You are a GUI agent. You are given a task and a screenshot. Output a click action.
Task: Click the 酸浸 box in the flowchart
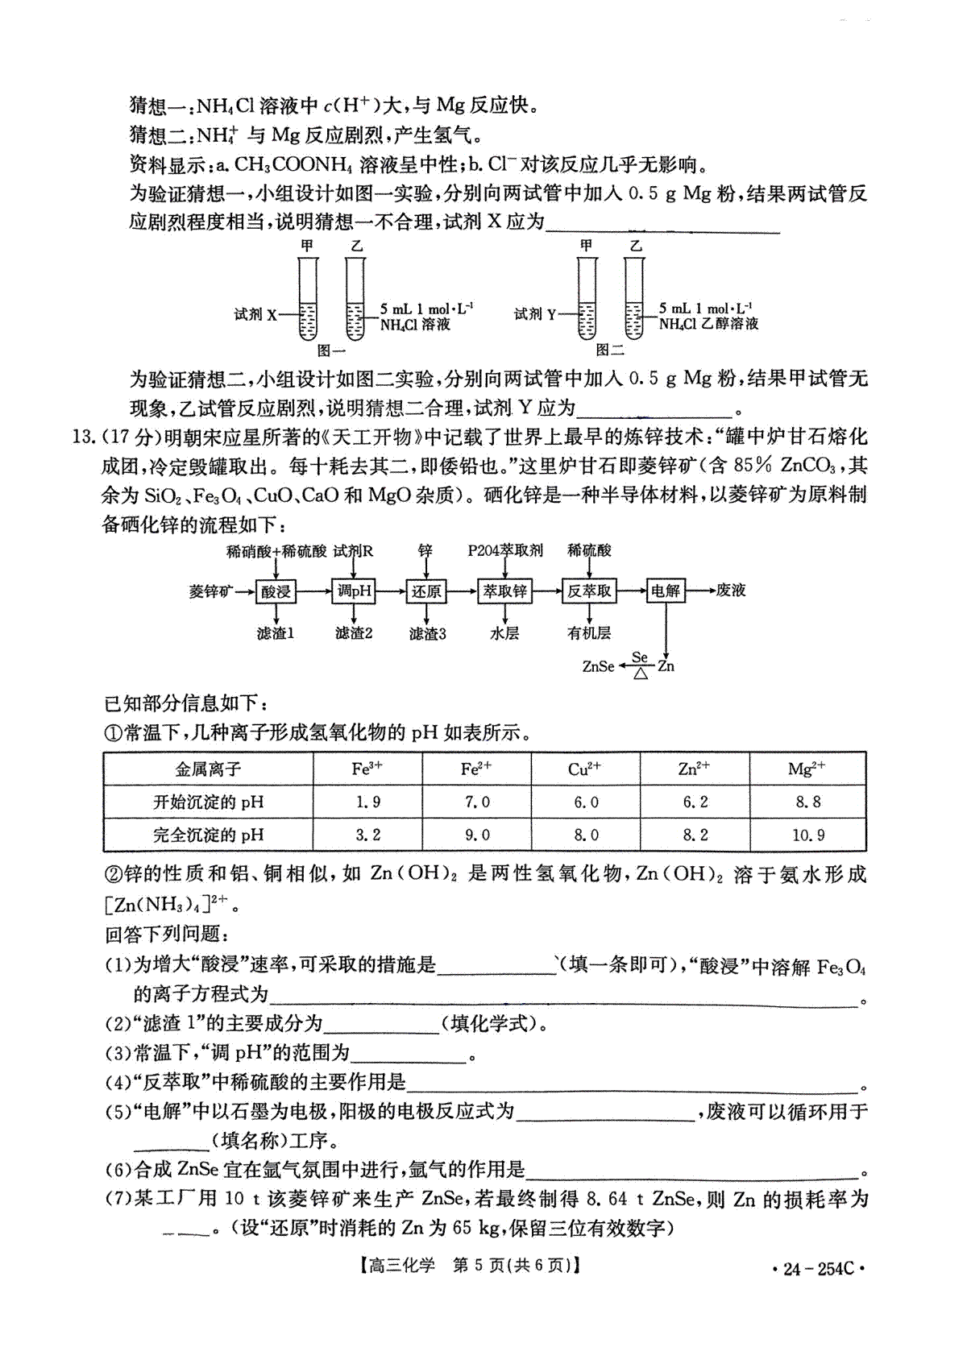click(x=276, y=591)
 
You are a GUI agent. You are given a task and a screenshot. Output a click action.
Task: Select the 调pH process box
click(x=355, y=591)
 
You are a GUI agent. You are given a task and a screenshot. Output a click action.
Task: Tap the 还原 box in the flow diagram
click(x=426, y=591)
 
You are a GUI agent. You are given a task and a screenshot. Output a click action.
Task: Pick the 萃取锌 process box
click(x=504, y=591)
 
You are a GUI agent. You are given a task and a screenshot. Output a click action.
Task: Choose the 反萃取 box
click(x=589, y=591)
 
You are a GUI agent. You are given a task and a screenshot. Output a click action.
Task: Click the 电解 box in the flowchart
click(x=666, y=591)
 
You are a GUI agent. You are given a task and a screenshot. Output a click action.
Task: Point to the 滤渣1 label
click(x=276, y=634)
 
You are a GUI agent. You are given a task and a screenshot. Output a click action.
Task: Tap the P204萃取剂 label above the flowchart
click(x=505, y=550)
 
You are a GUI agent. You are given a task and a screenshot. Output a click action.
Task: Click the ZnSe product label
click(x=598, y=666)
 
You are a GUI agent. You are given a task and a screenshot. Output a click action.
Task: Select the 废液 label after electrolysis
click(x=731, y=591)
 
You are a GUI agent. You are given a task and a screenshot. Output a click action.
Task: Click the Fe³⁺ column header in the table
click(x=367, y=769)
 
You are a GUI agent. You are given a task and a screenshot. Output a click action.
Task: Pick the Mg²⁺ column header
click(x=807, y=769)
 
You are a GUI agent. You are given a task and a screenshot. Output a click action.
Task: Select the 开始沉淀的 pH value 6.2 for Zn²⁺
click(x=695, y=802)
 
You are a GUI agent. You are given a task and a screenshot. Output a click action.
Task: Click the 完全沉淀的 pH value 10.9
click(x=807, y=835)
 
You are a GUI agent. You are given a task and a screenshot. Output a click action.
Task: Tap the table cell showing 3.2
click(x=367, y=835)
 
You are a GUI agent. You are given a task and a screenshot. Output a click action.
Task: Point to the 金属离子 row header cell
click(x=208, y=769)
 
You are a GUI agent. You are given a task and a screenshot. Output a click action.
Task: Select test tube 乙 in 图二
click(x=635, y=298)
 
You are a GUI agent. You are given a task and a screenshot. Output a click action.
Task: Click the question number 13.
click(x=84, y=437)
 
